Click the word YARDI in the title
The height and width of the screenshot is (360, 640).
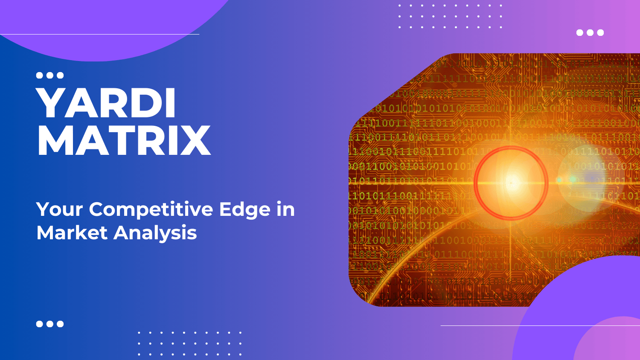[x=106, y=104]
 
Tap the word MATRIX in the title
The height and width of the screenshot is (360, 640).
[x=124, y=141]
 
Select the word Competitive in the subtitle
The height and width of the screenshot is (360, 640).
[x=151, y=209]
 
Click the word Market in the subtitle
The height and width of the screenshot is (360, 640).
[x=72, y=233]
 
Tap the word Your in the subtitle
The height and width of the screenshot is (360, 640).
[x=59, y=209]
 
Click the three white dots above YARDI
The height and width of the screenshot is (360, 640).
[x=50, y=75]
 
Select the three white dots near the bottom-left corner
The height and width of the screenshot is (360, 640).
[x=50, y=324]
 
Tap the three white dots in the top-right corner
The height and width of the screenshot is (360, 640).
[x=590, y=32]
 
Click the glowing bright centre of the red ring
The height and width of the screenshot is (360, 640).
[x=511, y=183]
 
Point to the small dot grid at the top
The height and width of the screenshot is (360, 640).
[x=450, y=16]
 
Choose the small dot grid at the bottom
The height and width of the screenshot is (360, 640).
[x=190, y=343]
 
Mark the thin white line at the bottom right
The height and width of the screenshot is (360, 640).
[x=540, y=325]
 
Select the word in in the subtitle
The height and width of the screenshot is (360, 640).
[x=285, y=209]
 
